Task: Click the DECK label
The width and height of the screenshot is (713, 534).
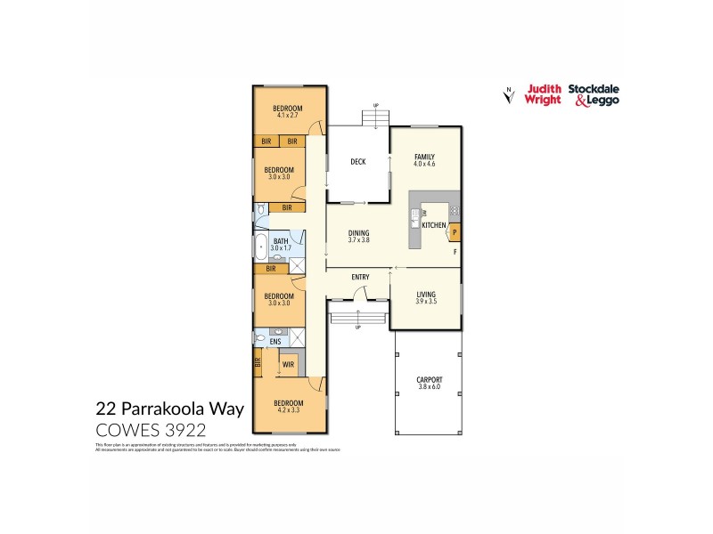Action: [x=358, y=162]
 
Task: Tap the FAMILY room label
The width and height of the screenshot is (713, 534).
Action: [x=423, y=156]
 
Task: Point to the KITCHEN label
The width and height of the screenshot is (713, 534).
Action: [x=433, y=226]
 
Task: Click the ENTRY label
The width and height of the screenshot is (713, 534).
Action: [x=360, y=278]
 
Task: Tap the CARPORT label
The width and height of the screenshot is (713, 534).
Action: [x=429, y=380]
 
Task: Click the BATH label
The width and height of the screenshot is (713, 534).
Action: [x=281, y=241]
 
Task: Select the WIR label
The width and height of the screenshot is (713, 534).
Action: [x=289, y=364]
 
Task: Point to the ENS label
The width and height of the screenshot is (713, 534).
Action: [x=275, y=340]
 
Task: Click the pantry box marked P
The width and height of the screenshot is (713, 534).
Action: [x=455, y=233]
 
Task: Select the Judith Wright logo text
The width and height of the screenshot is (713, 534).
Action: [x=543, y=94]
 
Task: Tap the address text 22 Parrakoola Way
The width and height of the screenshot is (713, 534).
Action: [x=155, y=410]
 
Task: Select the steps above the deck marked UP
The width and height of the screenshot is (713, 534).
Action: [x=376, y=118]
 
